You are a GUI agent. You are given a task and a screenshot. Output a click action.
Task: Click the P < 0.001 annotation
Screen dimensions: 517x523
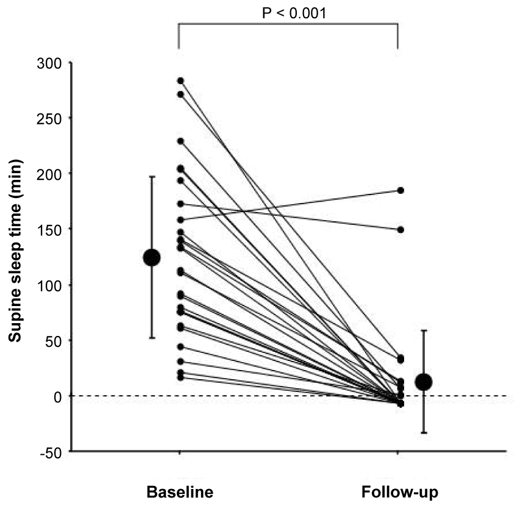tap(294, 13)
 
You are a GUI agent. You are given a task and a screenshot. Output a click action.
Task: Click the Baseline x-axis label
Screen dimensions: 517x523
tap(180, 492)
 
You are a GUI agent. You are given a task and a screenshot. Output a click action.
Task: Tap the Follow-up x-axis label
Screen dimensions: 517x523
tap(399, 492)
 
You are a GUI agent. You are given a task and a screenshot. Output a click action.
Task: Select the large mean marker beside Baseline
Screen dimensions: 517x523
tap(152, 257)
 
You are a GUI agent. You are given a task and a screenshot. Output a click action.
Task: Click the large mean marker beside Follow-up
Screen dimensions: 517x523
tap(424, 382)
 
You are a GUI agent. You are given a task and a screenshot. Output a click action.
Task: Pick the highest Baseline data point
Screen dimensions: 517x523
tap(180, 80)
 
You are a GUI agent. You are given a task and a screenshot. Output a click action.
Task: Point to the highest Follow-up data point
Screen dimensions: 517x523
tap(400, 190)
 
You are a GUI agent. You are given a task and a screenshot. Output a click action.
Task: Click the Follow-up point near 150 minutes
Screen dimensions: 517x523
tap(400, 230)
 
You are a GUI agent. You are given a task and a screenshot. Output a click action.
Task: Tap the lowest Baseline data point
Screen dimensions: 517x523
tap(180, 377)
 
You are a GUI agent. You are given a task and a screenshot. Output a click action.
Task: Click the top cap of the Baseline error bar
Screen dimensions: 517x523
tap(152, 177)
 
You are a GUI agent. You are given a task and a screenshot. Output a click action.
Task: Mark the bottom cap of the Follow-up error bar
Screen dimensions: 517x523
tap(424, 433)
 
